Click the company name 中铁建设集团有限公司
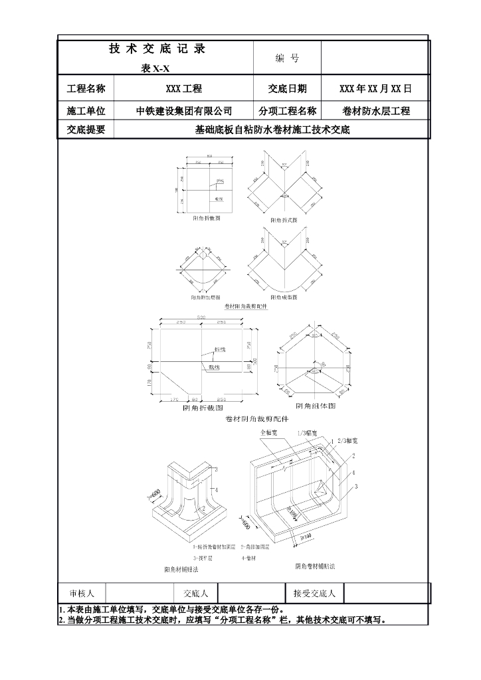[x=184, y=111]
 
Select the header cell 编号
[x=287, y=58]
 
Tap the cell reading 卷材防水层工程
[x=375, y=111]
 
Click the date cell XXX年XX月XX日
[x=375, y=88]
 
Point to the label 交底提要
[x=86, y=130]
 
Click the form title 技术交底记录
[x=157, y=48]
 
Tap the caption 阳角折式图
[x=284, y=220]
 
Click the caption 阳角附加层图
[x=207, y=297]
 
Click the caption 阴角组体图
[x=316, y=406]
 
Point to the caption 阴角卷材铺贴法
[x=315, y=566]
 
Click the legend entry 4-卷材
[x=251, y=557]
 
